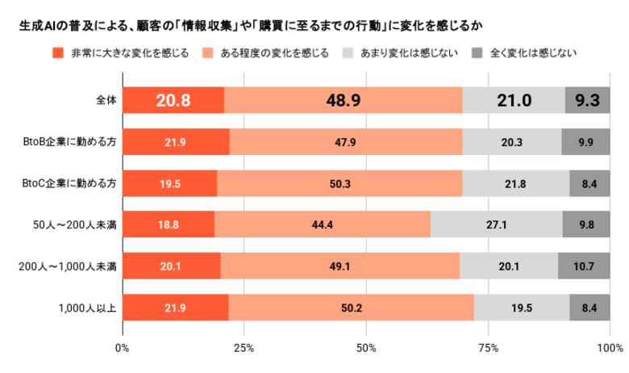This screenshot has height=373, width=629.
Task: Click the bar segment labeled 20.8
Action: pos(173,100)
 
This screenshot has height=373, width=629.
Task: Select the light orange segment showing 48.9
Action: pos(343,100)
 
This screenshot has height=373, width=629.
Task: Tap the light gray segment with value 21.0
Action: pos(514,100)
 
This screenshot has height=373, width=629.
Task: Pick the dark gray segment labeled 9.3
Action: pos(587,100)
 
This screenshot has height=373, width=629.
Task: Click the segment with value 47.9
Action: pos(345,142)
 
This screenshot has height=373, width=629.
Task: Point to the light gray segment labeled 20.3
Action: pos(511,142)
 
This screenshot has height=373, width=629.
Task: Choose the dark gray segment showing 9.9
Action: pos(585,142)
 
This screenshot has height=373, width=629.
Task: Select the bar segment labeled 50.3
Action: pos(339,183)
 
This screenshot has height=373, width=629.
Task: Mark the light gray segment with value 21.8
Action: pos(515,183)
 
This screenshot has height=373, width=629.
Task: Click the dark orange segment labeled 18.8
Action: pos(168,225)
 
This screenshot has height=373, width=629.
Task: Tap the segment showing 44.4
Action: pos(322,225)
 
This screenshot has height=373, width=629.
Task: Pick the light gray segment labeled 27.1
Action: pos(496,225)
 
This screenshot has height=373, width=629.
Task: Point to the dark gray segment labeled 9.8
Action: pos(585,225)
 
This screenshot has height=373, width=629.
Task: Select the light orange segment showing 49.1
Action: pos(339,266)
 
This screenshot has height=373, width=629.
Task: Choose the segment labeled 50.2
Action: pos(351,308)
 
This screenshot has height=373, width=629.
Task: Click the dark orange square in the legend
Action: pos(57,53)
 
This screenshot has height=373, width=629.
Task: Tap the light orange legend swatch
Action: pos(208,53)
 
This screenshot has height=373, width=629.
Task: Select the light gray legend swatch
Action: pos(348,53)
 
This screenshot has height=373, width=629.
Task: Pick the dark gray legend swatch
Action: pos(477,53)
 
